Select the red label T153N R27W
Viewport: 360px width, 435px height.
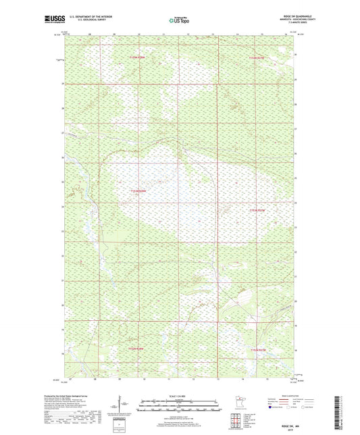(x=259, y=211)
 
